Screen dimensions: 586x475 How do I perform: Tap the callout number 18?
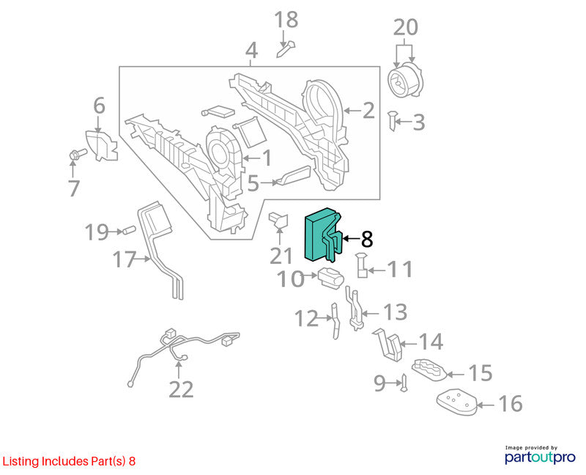coord(286,20)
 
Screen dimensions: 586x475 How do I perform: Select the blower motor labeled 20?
coord(406,80)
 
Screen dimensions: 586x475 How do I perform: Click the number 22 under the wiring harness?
coord(181,389)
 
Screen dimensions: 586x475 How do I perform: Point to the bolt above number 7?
coord(78,154)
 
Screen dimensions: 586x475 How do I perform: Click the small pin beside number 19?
coord(128,230)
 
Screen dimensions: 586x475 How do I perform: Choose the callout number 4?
coord(251,51)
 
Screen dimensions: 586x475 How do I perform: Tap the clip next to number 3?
coord(392,120)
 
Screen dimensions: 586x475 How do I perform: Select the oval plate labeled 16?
coord(457,402)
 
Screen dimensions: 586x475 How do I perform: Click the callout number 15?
coord(481,373)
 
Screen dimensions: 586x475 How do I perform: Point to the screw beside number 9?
coord(404,383)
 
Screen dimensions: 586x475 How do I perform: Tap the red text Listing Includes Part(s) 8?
coord(69,461)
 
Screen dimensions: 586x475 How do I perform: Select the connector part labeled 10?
coord(330,279)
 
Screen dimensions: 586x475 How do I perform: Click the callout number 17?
coord(124,259)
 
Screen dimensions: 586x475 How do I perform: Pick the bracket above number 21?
coord(279,221)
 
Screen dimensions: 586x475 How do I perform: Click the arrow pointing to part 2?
coord(352,111)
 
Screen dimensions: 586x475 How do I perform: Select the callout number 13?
coord(395,312)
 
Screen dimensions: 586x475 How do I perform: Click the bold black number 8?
coord(367,239)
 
